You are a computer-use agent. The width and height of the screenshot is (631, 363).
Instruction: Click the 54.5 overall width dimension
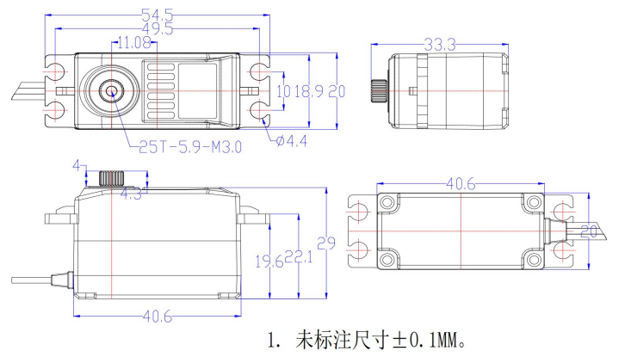pyautogui.click(x=159, y=14)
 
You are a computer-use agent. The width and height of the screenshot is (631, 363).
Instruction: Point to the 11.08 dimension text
pyautogui.click(x=133, y=41)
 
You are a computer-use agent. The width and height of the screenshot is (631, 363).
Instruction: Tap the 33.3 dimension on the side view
pyautogui.click(x=440, y=43)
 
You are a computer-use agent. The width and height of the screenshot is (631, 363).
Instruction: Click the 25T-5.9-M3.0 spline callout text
pyautogui.click(x=190, y=146)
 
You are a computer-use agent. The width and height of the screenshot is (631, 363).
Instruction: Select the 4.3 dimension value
pyautogui.click(x=131, y=194)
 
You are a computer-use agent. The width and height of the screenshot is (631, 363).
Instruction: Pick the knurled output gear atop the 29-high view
pyautogui.click(x=109, y=179)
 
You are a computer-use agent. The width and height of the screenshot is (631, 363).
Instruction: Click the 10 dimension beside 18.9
pyautogui.click(x=283, y=91)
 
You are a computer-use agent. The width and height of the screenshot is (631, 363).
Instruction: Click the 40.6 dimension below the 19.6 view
pyautogui.click(x=157, y=317)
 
